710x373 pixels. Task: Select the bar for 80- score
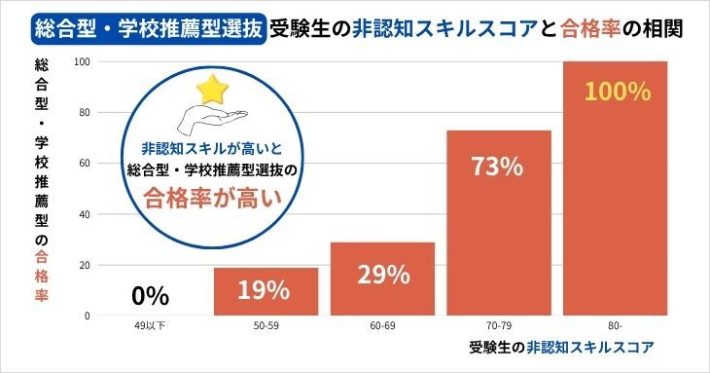[616, 189]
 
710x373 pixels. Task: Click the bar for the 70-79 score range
[499, 223]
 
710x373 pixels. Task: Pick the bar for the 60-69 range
[382, 279]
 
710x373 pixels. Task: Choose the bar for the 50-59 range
[266, 291]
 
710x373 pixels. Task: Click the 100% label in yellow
[616, 93]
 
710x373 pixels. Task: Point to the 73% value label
[498, 167]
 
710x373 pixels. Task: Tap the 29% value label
[382, 275]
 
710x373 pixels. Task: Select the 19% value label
[266, 290]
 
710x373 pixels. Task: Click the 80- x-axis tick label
[616, 325]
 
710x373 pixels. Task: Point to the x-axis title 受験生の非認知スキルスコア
[559, 347]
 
